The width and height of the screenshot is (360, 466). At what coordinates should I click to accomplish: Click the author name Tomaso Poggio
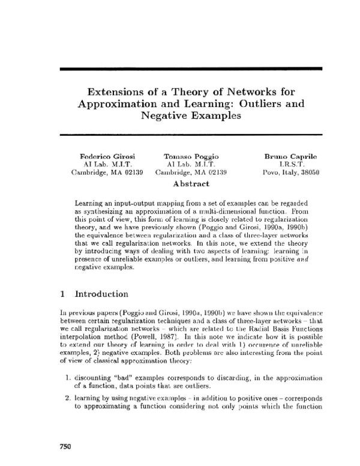[x=190, y=156]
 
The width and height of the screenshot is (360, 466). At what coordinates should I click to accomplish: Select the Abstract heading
[x=191, y=183]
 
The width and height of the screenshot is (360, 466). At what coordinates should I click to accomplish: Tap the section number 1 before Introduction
[x=62, y=294]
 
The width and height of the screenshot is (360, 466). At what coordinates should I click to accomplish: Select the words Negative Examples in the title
[x=191, y=115]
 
